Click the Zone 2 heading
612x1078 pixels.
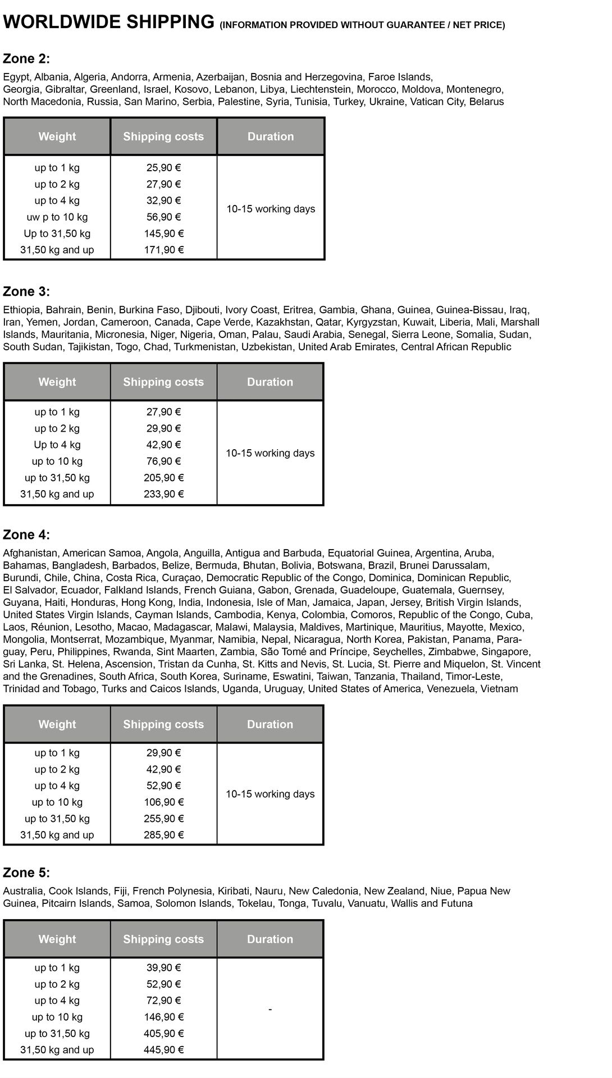(x=26, y=59)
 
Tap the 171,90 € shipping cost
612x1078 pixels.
(x=163, y=250)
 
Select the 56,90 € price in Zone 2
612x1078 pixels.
(x=163, y=217)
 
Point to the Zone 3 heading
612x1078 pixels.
(x=26, y=291)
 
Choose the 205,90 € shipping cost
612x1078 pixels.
(x=163, y=478)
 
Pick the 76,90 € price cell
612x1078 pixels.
(x=163, y=461)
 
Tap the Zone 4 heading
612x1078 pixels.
(x=26, y=535)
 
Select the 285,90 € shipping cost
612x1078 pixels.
(x=163, y=835)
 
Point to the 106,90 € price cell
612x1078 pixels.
(x=163, y=802)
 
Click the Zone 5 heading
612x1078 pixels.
(x=26, y=873)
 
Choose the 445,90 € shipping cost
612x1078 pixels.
(x=163, y=1050)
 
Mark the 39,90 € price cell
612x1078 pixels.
(x=163, y=967)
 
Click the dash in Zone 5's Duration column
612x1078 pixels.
(x=270, y=1010)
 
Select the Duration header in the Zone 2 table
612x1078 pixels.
(x=271, y=136)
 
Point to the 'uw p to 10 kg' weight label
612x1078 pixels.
(x=57, y=217)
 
